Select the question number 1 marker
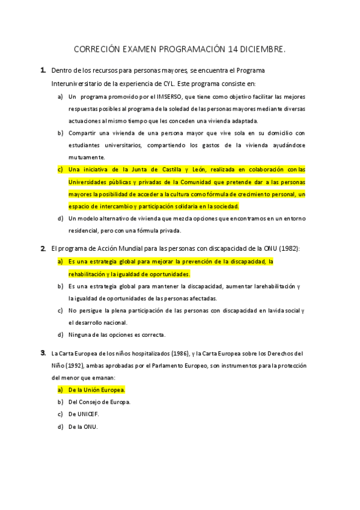[43, 71]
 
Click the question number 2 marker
[43, 248]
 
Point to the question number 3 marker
[43, 352]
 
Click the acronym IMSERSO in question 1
[168, 97]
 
